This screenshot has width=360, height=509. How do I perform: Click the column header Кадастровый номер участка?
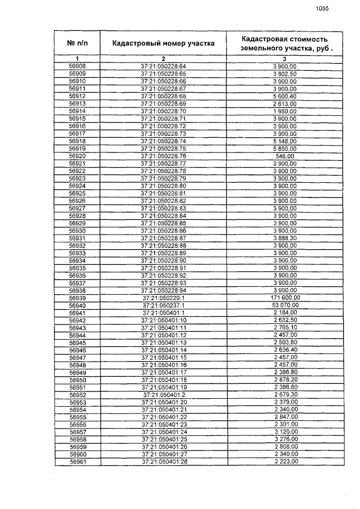[163, 43]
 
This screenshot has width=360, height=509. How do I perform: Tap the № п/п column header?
[77, 43]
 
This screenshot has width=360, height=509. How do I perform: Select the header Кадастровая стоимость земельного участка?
[285, 43]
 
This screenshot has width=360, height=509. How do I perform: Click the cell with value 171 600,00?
[285, 298]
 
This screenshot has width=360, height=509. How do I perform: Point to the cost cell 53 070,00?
[285, 305]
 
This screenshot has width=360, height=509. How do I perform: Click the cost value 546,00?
[285, 156]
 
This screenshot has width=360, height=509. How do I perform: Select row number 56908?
[77, 66]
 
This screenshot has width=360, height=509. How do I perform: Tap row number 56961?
[77, 462]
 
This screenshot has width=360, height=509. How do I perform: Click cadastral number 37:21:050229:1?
[163, 298]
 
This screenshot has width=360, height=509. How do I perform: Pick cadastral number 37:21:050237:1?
[163, 305]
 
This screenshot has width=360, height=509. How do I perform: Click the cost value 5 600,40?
[285, 96]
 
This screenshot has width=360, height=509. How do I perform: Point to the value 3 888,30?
[285, 238]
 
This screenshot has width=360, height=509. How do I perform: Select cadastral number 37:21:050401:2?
[163, 394]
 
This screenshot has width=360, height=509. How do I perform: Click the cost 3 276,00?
[285, 439]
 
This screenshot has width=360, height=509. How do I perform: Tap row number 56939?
[77, 298]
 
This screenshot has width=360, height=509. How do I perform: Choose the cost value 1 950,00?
[285, 111]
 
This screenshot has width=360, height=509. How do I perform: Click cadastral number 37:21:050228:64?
[163, 66]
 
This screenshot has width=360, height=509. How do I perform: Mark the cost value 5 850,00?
[285, 148]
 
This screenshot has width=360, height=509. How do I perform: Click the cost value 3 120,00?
[285, 432]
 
